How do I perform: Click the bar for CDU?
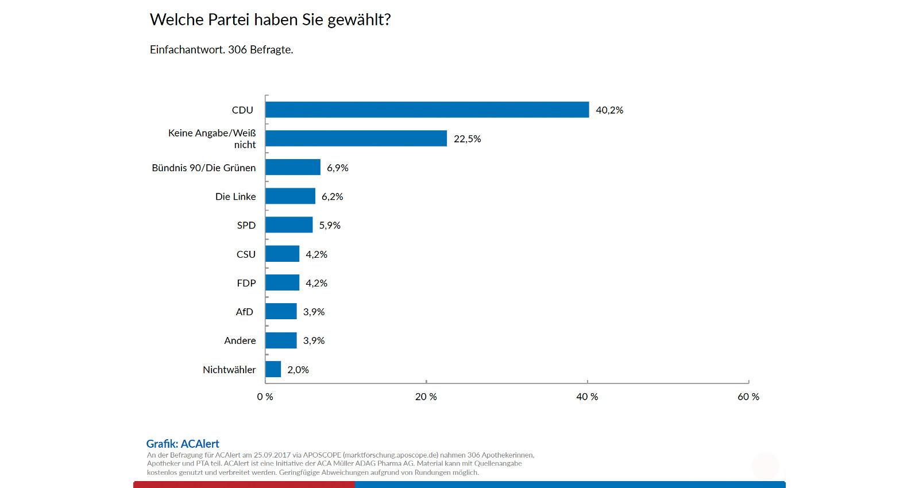(427, 110)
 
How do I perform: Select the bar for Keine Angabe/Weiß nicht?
(356, 138)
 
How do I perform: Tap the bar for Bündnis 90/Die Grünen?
(293, 167)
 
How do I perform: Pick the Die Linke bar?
(290, 196)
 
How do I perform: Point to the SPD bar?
(289, 225)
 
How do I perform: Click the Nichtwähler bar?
(273, 369)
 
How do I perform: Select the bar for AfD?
(281, 311)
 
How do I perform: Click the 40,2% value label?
(609, 110)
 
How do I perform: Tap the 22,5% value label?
(468, 139)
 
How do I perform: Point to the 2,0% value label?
(298, 370)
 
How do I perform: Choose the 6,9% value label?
(338, 168)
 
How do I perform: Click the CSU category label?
(246, 254)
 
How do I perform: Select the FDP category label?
(246, 283)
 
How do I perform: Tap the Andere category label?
(240, 340)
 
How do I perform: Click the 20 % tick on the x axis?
(426, 397)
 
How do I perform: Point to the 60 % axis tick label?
(748, 397)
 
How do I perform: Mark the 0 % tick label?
(265, 397)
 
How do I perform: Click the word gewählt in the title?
(358, 20)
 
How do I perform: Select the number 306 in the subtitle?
(237, 50)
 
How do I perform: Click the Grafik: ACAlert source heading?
(183, 444)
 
